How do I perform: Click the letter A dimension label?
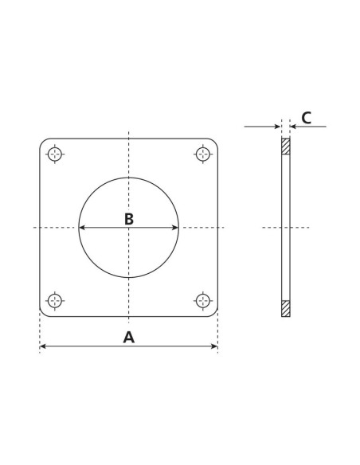[x=128, y=337]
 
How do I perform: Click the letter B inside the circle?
[x=128, y=218]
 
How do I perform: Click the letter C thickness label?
[x=306, y=118]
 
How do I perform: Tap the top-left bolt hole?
[x=55, y=154]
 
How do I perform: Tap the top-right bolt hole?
[x=203, y=154]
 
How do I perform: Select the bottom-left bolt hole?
[x=55, y=300]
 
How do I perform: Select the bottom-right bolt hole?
[x=203, y=300]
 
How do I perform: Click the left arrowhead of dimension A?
[x=43, y=346]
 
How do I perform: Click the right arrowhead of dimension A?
[x=214, y=346]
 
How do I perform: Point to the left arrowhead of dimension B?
[x=82, y=228]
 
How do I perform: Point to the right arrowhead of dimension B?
[x=175, y=228]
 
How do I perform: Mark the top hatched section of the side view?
[x=286, y=147]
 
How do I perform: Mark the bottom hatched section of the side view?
[x=286, y=307]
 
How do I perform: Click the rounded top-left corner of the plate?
[x=43, y=143]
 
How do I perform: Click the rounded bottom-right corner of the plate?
[x=214, y=313]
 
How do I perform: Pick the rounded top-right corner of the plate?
[x=214, y=143]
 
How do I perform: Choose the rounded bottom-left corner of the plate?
[x=43, y=313]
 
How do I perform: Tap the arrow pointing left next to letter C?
[x=294, y=126]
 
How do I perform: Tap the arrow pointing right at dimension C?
[x=277, y=126]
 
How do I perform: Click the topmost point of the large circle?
[x=128, y=178]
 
